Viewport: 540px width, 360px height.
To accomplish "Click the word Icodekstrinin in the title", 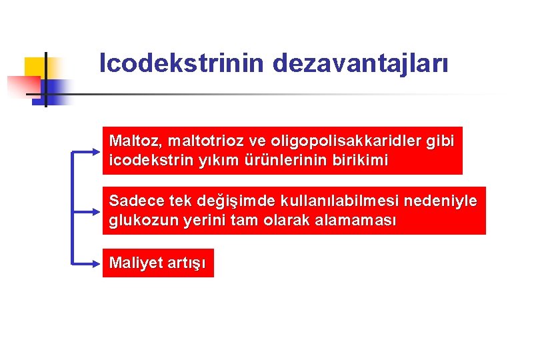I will click(182, 64).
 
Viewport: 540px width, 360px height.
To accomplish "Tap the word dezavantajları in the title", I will click(360, 64).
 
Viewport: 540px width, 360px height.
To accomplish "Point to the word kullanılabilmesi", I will click(336, 201).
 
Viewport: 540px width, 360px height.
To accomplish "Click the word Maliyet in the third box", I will click(135, 263).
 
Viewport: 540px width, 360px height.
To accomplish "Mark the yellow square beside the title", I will click(36, 69).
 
